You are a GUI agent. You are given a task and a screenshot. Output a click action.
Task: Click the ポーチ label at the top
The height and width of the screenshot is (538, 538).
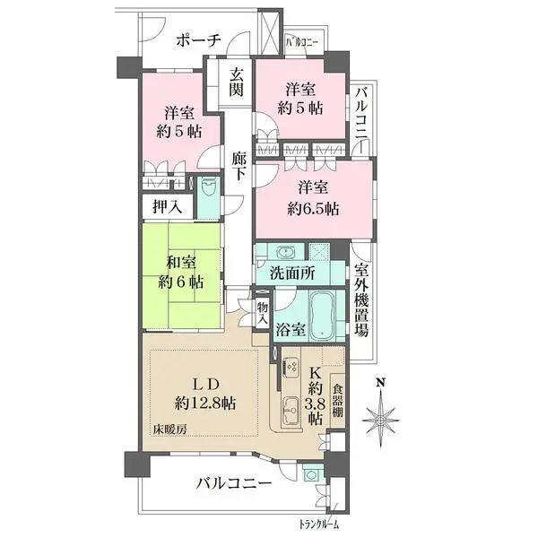pyautogui.click(x=198, y=41)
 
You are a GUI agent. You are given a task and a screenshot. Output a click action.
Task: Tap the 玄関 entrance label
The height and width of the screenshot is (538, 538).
pyautogui.click(x=237, y=82)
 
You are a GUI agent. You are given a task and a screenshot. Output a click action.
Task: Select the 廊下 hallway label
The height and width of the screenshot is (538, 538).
pyautogui.click(x=239, y=166)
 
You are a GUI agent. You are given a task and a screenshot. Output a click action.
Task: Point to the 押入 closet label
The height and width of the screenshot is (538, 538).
pyautogui.click(x=167, y=207)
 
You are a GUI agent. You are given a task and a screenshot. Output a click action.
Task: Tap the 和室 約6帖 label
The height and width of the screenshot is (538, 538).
pyautogui.click(x=181, y=273)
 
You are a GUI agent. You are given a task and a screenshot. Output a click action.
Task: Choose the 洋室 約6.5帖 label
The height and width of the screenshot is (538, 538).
pyautogui.click(x=313, y=198)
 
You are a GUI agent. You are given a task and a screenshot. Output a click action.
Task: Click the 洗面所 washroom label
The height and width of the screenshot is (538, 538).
pyautogui.click(x=292, y=273)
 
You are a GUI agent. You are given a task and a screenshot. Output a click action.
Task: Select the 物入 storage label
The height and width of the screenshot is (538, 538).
pyautogui.click(x=263, y=313)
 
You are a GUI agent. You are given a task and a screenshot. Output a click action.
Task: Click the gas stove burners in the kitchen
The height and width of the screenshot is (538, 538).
pyautogui.click(x=291, y=367)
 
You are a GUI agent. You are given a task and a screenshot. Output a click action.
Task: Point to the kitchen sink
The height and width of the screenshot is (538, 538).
pyautogui.click(x=291, y=410)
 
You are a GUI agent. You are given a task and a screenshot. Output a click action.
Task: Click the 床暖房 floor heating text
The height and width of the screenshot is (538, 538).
pyautogui.click(x=170, y=429)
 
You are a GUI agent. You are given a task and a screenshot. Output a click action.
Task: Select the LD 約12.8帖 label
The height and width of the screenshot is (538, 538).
pyautogui.click(x=205, y=394)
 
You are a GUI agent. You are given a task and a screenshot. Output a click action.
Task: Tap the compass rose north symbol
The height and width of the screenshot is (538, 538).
pyautogui.click(x=380, y=420)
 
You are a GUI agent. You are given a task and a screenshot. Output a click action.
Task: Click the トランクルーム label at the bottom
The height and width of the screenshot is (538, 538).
pyautogui.click(x=319, y=525)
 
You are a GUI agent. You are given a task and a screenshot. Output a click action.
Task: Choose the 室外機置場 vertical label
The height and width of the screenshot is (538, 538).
pyautogui.click(x=361, y=300)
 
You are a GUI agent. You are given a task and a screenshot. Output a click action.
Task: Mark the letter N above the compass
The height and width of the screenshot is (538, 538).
pyautogui.click(x=380, y=383)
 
